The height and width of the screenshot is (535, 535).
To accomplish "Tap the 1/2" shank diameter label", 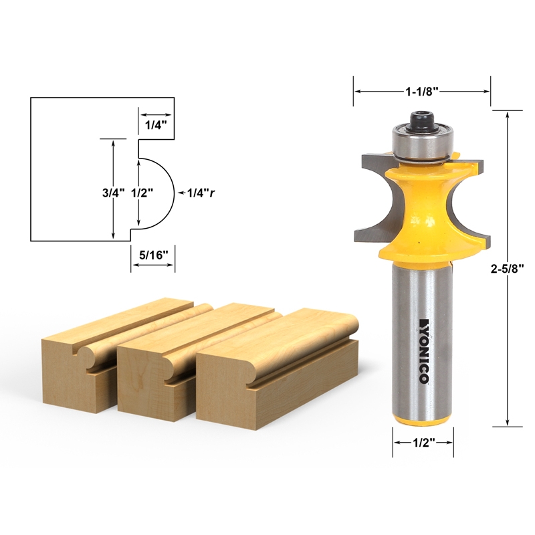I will click(x=423, y=443).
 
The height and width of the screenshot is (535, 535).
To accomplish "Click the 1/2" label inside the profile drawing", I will click(x=142, y=193).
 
